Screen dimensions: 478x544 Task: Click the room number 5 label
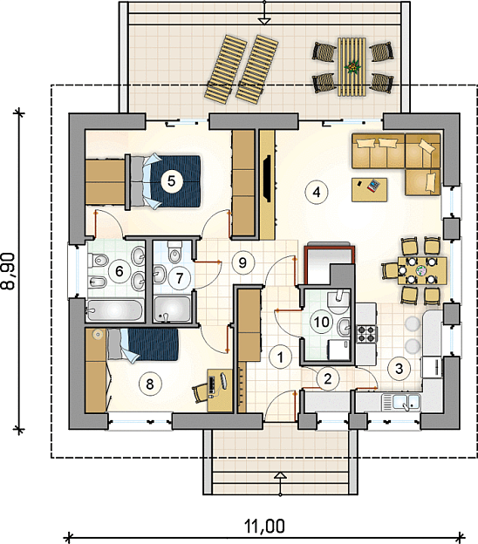172,180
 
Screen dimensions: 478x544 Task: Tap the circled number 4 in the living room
317,192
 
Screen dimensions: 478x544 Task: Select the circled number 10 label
322,322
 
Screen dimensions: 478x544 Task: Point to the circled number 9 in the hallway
242,262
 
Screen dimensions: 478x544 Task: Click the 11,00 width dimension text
264,526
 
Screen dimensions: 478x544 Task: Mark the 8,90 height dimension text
10,271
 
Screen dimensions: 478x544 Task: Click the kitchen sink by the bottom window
401,403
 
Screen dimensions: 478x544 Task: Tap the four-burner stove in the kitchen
367,334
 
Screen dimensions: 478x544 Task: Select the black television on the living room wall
268,179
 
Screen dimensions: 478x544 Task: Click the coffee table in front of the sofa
370,189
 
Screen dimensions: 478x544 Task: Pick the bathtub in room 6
114,309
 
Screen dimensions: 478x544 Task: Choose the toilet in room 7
174,252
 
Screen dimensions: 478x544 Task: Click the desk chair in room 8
201,393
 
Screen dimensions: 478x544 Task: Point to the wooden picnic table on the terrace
352,66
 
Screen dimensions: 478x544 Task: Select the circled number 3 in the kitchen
399,368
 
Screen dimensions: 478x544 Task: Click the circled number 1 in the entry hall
281,357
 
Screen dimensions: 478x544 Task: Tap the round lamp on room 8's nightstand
98,335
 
